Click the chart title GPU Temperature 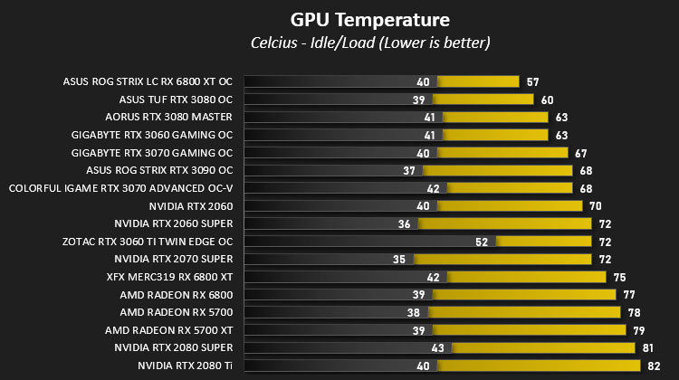tap(369, 20)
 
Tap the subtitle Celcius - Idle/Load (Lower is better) tap(370, 43)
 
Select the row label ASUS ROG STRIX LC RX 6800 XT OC tap(148, 81)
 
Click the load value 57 tap(532, 81)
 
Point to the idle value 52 tap(482, 242)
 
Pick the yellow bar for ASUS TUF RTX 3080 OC tap(483, 100)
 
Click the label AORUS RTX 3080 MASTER tap(169, 117)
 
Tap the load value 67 tap(580, 153)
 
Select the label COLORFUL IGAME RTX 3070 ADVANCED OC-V tap(120, 188)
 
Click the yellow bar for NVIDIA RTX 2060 tap(510, 206)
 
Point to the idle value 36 tap(404, 223)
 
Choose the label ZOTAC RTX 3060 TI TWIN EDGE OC tap(148, 242)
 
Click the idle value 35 tap(399, 260)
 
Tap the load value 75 tap(619, 278)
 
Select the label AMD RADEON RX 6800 tap(177, 295)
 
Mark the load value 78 tap(634, 312)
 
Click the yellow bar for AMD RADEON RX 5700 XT tap(530, 330)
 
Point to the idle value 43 tap(438, 348)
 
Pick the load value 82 tap(654, 366)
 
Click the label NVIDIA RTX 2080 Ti tap(185, 366)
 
